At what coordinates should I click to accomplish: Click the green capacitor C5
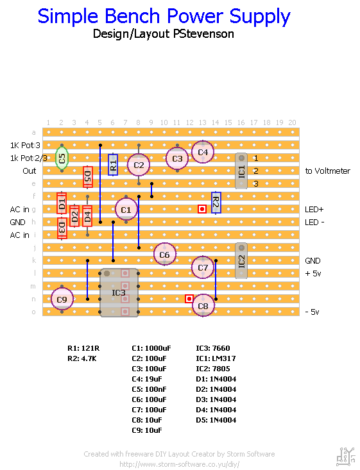click(62, 158)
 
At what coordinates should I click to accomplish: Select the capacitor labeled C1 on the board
click(126, 209)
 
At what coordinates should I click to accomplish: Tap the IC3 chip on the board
click(119, 292)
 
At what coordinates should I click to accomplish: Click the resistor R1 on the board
click(113, 165)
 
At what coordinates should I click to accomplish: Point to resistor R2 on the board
click(216, 203)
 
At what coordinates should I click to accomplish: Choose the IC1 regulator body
click(241, 171)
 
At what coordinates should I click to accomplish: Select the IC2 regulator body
click(241, 260)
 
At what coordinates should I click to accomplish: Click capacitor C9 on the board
click(62, 299)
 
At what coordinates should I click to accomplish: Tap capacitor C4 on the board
click(203, 152)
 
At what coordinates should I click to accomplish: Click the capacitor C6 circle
click(164, 254)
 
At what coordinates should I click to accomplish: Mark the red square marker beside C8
click(189, 298)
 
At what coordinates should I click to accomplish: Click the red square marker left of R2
click(202, 208)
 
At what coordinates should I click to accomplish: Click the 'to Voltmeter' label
click(327, 171)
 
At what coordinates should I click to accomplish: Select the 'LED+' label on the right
click(314, 210)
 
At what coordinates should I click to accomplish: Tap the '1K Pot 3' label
click(25, 146)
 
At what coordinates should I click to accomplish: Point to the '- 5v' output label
click(312, 312)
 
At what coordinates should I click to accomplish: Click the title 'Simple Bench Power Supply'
click(164, 17)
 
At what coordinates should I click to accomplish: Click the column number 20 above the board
click(292, 122)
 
